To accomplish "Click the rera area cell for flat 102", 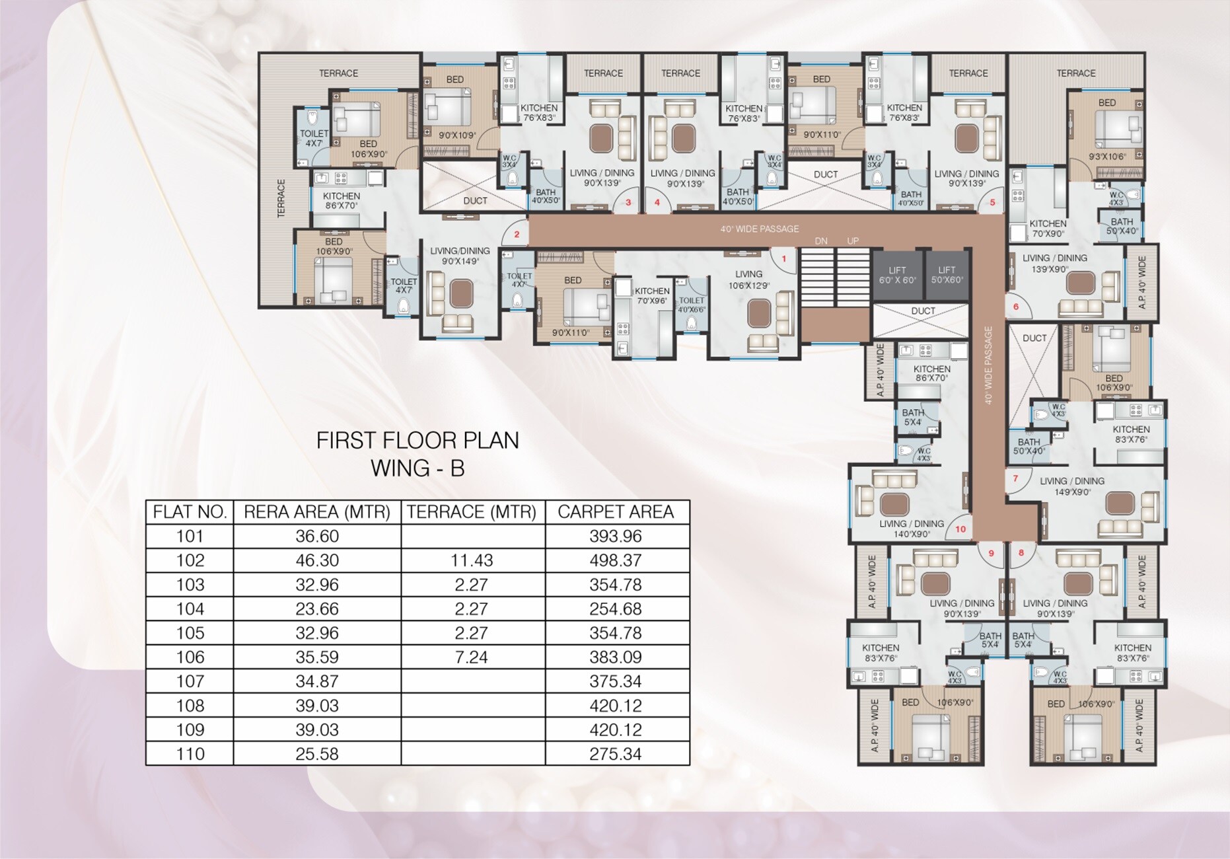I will pyautogui.click(x=317, y=560).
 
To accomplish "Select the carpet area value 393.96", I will pyautogui.click(x=616, y=536).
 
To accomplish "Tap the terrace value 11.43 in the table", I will pyautogui.click(x=472, y=560).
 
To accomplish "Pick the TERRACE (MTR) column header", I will pyautogui.click(x=472, y=512).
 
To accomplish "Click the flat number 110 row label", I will pyautogui.click(x=190, y=754).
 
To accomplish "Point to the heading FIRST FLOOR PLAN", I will pyautogui.click(x=417, y=441).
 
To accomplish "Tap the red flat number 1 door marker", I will pyautogui.click(x=784, y=258).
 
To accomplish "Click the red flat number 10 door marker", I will pyautogui.click(x=960, y=529).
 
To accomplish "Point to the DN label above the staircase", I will pyautogui.click(x=820, y=241).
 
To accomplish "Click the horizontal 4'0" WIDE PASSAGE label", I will pyautogui.click(x=759, y=229).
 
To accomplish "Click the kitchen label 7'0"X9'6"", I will pyautogui.click(x=651, y=295).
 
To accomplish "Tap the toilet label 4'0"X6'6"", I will pyautogui.click(x=692, y=305).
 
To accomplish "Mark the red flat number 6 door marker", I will pyautogui.click(x=1016, y=307).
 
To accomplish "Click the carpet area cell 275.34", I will pyautogui.click(x=616, y=754).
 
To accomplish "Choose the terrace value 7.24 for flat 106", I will pyautogui.click(x=472, y=657).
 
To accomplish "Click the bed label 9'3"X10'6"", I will pyautogui.click(x=1106, y=156).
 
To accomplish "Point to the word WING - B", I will pyautogui.click(x=417, y=468).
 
